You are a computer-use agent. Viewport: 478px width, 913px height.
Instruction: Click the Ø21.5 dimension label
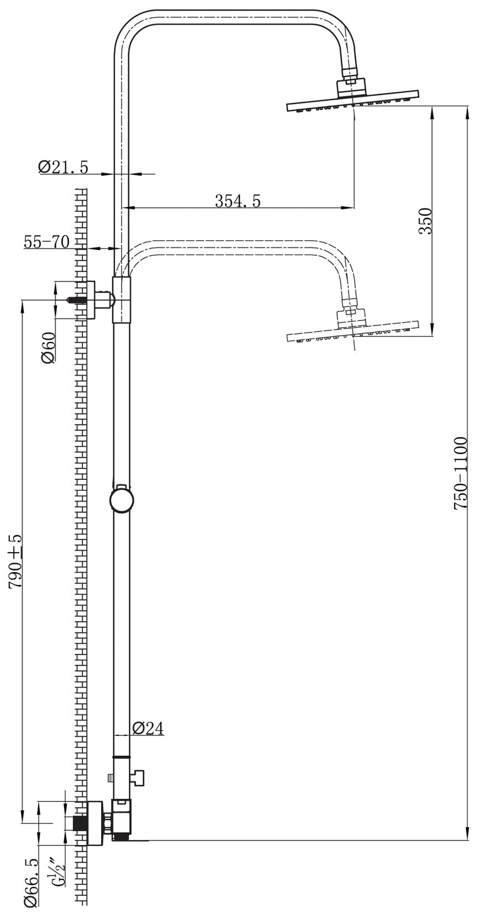coord(63,167)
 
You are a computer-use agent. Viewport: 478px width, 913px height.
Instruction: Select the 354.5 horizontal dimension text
coord(237,201)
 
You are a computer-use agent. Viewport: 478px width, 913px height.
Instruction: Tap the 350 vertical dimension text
coord(425,221)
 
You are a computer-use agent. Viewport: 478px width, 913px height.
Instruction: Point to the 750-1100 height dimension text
coord(460,473)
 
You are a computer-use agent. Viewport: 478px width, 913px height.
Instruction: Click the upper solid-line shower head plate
coord(352,105)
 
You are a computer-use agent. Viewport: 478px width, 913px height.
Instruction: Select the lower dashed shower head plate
coord(352,336)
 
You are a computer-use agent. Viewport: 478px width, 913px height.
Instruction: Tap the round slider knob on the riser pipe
coord(121,500)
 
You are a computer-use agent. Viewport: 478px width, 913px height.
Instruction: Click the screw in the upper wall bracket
coord(77,300)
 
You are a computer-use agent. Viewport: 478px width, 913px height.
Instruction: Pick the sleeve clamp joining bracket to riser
coord(122,300)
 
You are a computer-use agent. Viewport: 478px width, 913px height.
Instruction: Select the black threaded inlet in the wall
coord(81,823)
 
